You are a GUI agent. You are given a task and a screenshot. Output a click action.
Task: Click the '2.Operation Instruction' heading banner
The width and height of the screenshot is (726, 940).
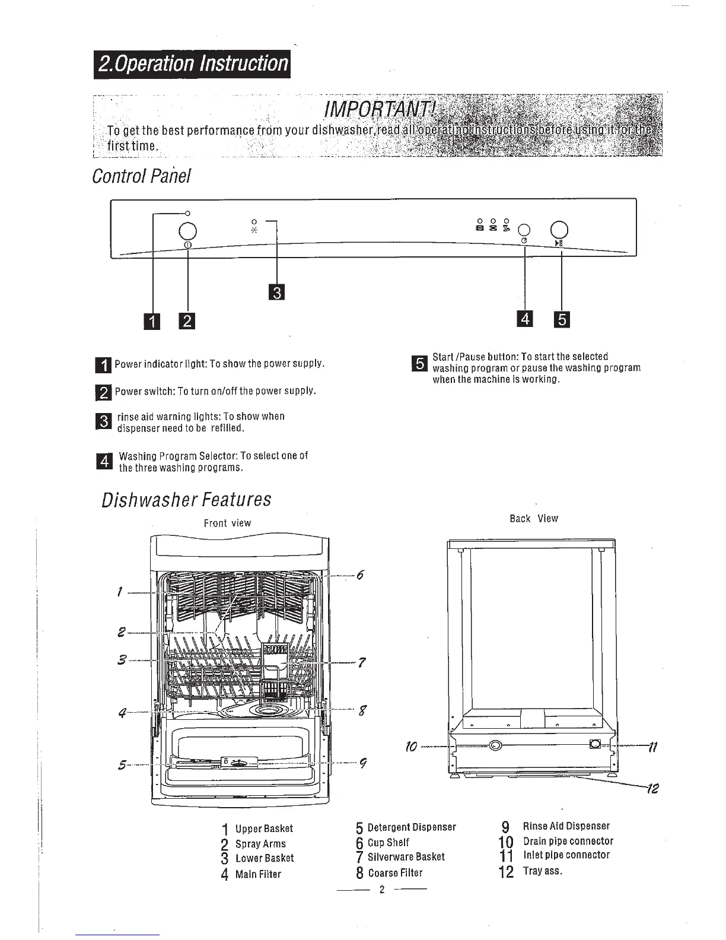pos(192,63)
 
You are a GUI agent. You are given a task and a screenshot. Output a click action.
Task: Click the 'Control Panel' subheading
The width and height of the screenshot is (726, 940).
pos(141,176)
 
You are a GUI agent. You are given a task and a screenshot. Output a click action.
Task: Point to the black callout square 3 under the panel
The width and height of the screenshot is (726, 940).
pos(276,293)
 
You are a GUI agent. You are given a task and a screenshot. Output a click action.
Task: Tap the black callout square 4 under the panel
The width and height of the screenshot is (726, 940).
pos(525,319)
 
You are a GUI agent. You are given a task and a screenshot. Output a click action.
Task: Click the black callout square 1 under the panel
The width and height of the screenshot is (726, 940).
pos(152,322)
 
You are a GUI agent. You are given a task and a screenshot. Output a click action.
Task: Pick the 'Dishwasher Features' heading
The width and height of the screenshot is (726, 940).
pos(186,500)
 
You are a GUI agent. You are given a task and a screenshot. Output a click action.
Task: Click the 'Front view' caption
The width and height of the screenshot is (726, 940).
pos(227,523)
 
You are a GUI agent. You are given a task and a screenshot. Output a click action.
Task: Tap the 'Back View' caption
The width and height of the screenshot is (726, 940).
pos(534,518)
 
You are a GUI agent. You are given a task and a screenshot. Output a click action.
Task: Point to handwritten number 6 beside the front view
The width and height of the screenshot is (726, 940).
pos(359,574)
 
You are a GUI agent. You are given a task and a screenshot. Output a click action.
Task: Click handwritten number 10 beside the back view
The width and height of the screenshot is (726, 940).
pos(411,745)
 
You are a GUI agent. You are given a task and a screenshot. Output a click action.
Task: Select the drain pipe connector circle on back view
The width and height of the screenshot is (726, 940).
pos(494,745)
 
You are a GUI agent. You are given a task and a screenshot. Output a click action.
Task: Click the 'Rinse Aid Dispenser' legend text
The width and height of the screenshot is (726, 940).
pos(566,825)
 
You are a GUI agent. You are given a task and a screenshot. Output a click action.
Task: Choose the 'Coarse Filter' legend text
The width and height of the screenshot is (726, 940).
pos(395,873)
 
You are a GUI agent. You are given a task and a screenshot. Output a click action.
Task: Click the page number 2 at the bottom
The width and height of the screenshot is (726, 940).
pos(382,889)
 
